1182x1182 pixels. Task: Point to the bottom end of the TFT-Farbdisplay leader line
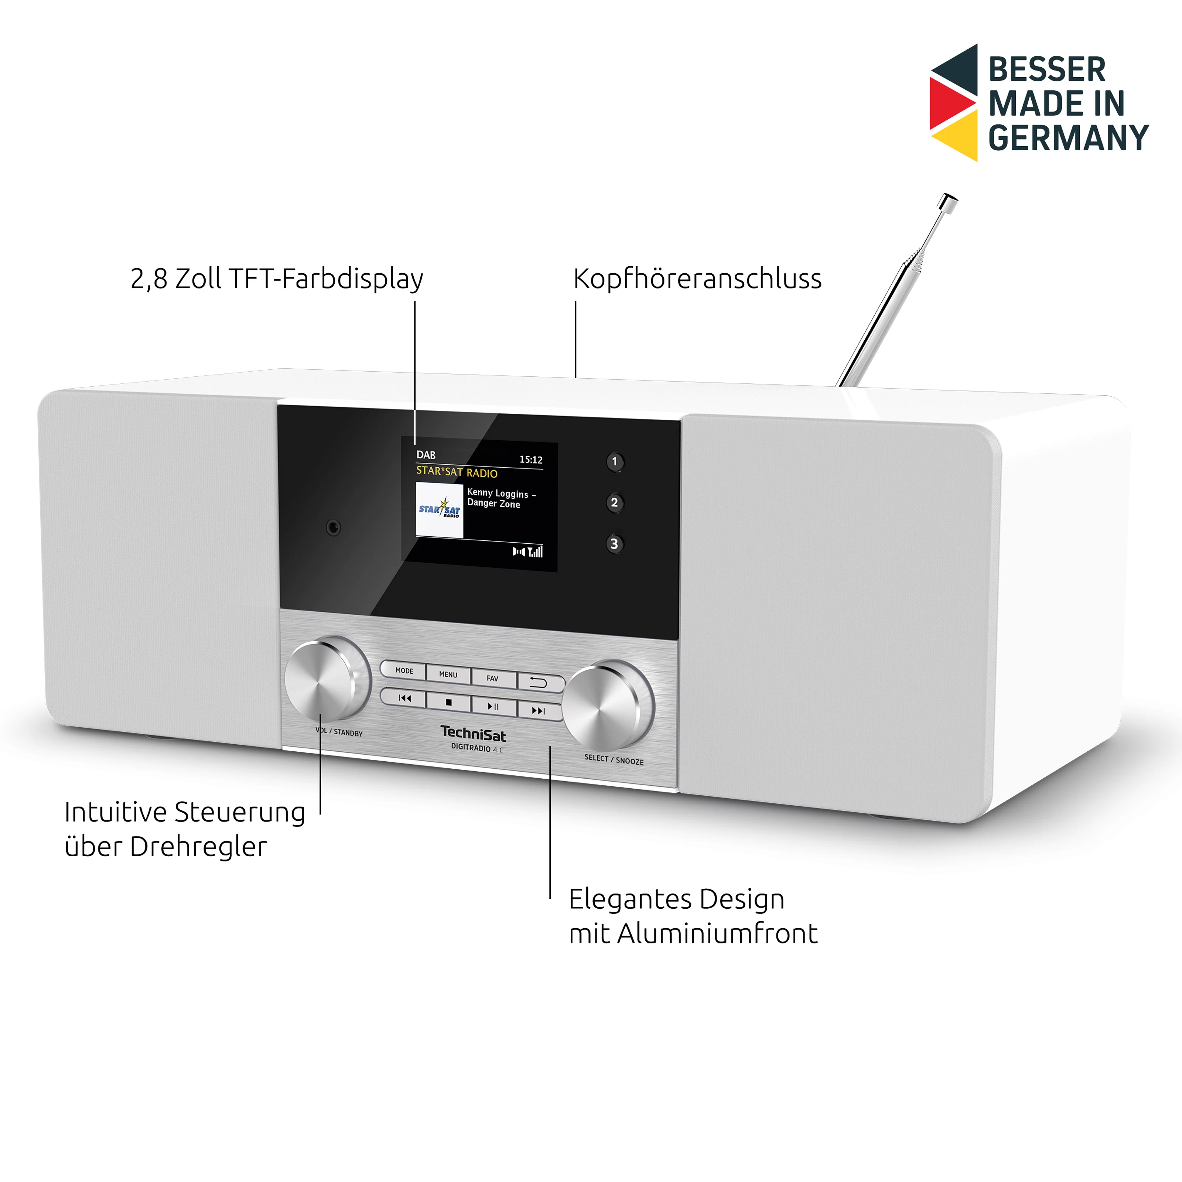click(415, 444)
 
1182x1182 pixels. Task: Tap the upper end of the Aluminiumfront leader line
click(550, 747)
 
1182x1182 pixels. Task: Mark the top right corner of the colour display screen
click(557, 443)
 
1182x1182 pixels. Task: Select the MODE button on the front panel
click(404, 670)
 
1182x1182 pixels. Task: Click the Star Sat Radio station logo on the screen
click(439, 510)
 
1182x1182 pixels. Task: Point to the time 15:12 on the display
click(531, 460)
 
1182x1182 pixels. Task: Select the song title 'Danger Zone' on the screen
click(494, 503)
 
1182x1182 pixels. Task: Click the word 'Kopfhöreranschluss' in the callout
click(697, 279)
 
